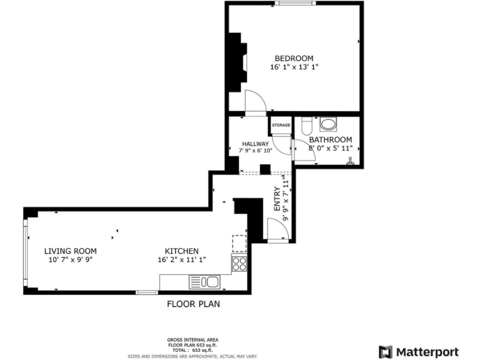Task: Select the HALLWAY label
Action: tap(255, 144)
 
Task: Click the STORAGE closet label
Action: tap(281, 126)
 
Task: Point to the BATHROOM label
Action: tap(330, 139)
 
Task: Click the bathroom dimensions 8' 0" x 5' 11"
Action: tap(331, 148)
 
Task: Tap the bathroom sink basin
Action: tap(327, 123)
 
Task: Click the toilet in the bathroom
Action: tap(306, 124)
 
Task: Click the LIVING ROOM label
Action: tap(70, 251)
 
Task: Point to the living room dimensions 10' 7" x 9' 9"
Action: tap(70, 260)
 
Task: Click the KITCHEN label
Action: tap(182, 251)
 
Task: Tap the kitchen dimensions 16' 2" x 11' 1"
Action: tap(182, 260)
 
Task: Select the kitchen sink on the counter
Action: tap(204, 282)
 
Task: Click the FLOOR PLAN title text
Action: tap(193, 304)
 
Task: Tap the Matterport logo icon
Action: tap(386, 351)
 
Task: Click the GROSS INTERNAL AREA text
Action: tap(193, 340)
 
